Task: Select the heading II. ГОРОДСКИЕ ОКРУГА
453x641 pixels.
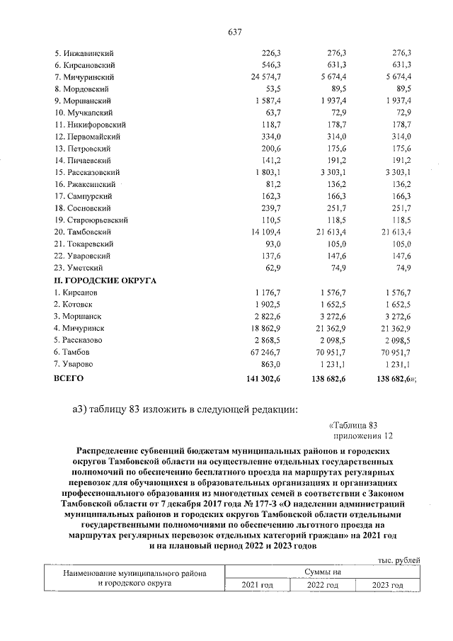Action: click(x=105, y=280)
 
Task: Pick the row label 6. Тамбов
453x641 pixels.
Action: click(x=74, y=352)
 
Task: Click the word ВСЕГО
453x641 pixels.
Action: click(x=69, y=379)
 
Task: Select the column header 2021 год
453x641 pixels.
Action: click(x=257, y=585)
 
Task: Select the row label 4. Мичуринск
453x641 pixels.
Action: click(x=80, y=328)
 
